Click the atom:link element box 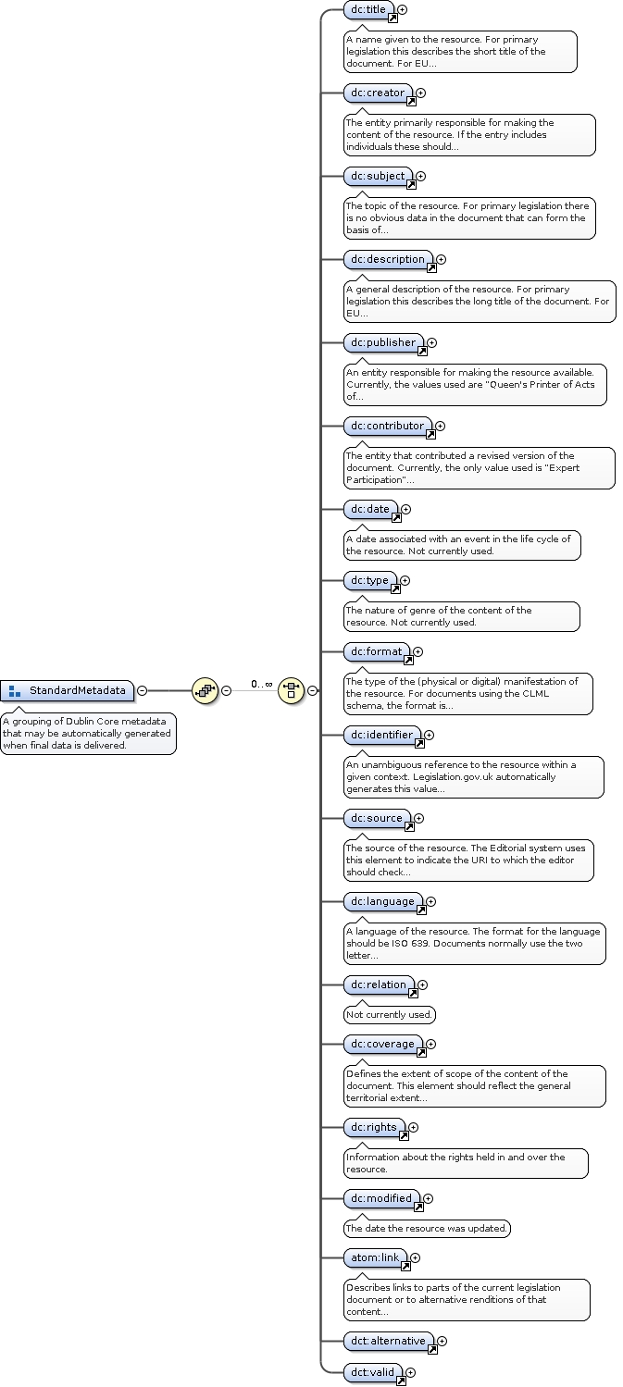pyautogui.click(x=375, y=1257)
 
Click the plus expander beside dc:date pyautogui.click(x=405, y=509)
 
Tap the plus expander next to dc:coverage pyautogui.click(x=430, y=1044)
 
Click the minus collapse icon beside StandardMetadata pyautogui.click(x=142, y=690)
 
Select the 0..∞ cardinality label pyautogui.click(x=261, y=685)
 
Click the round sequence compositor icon pyautogui.click(x=205, y=690)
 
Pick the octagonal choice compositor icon pyautogui.click(x=292, y=690)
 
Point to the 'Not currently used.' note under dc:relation pyautogui.click(x=389, y=1014)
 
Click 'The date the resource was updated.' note pyautogui.click(x=427, y=1228)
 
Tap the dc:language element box pyautogui.click(x=382, y=901)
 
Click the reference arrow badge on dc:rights pyautogui.click(x=404, y=1135)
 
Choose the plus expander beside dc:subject pyautogui.click(x=420, y=176)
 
